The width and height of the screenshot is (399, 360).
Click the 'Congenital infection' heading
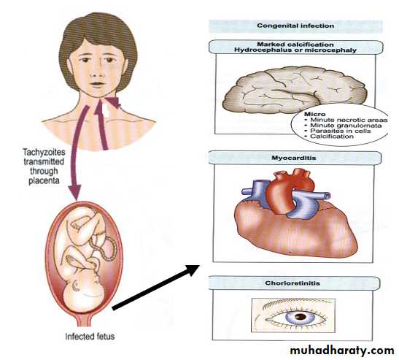pyautogui.click(x=295, y=26)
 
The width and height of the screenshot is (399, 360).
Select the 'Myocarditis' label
pyautogui.click(x=294, y=158)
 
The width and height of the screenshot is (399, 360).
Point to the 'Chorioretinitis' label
pyautogui.click(x=293, y=283)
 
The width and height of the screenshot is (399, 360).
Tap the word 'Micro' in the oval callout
pyautogui.click(x=315, y=114)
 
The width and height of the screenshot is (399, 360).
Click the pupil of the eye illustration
pyautogui.click(x=301, y=317)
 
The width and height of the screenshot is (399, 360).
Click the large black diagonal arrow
pyautogui.click(x=156, y=287)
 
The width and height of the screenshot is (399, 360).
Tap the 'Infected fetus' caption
pyautogui.click(x=90, y=337)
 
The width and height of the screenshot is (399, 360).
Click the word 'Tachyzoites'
pyautogui.click(x=44, y=153)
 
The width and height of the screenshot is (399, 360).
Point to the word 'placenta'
pyautogui.click(x=44, y=181)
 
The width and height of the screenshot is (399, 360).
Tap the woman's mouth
pyautogui.click(x=97, y=84)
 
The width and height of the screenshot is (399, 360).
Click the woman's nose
pyautogui.click(x=97, y=72)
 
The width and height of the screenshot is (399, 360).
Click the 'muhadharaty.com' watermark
pyautogui.click(x=342, y=351)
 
